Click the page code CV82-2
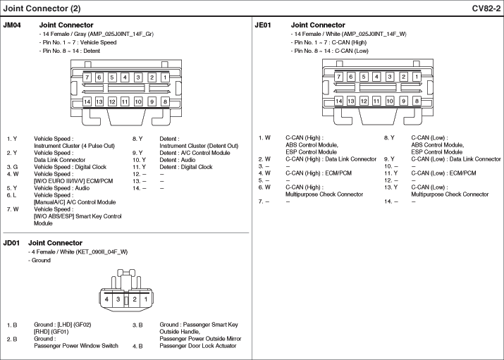[486, 8]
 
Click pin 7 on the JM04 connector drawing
[87, 77]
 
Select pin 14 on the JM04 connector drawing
[87, 102]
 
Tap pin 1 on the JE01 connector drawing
[417, 77]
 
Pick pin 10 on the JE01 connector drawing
[390, 101]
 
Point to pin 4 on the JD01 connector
[106, 299]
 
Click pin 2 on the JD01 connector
[135, 299]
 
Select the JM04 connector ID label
[12, 25]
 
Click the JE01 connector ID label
[263, 25]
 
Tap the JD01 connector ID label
[11, 243]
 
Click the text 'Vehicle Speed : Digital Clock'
[70, 167]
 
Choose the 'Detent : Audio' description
[178, 160]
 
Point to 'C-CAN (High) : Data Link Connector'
[331, 159]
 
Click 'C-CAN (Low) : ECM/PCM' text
[443, 173]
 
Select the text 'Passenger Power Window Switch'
[76, 345]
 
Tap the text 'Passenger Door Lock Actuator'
[198, 346]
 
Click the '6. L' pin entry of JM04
[11, 195]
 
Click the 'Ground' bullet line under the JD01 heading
[39, 260]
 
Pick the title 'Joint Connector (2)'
[42, 8]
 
